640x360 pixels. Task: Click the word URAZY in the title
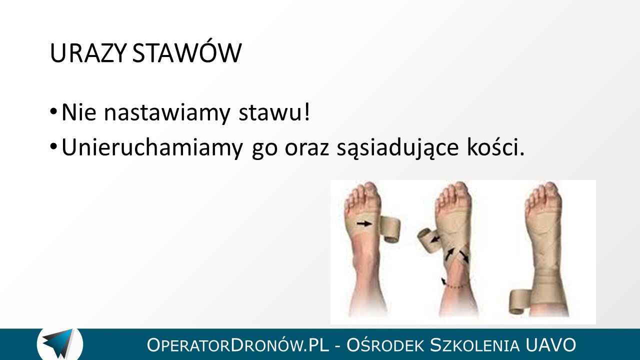(88, 53)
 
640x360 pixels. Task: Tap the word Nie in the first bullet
(79, 112)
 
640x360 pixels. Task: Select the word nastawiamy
(167, 113)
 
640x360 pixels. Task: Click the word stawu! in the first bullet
(274, 112)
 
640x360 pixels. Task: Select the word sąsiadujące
(398, 148)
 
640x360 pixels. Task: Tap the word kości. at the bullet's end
(495, 147)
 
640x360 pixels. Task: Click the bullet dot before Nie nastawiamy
(53, 111)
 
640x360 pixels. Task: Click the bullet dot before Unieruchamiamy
(53, 147)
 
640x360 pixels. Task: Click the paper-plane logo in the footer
(59, 343)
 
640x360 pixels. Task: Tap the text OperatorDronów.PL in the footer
(237, 345)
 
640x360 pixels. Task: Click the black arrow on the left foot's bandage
(364, 223)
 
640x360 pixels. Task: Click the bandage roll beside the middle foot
(427, 239)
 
